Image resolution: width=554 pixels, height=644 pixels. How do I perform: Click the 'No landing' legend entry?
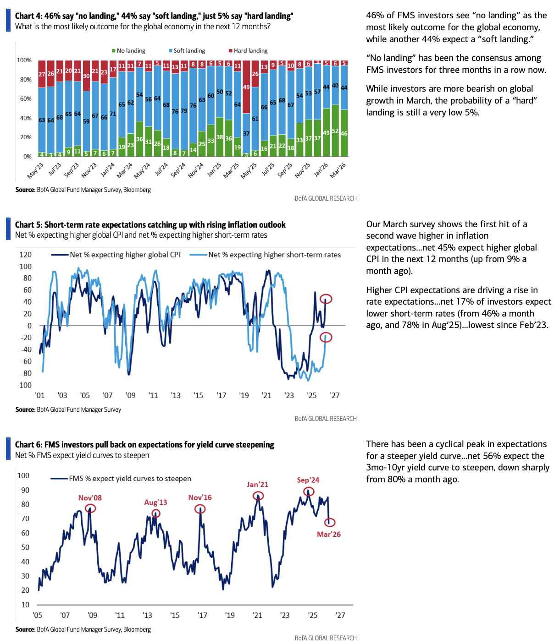pyautogui.click(x=129, y=51)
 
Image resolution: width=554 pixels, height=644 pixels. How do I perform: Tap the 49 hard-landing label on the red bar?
pyautogui.click(x=246, y=87)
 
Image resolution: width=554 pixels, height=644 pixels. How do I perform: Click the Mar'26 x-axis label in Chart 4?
pyautogui.click(x=338, y=170)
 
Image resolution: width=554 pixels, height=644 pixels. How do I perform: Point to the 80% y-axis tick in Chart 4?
pyautogui.click(x=24, y=80)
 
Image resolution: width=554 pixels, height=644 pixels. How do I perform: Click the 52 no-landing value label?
pyautogui.click(x=335, y=131)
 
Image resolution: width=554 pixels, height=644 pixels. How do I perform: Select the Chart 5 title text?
pyautogui.click(x=150, y=225)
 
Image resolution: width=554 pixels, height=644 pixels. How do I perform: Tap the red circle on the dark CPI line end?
pyautogui.click(x=326, y=299)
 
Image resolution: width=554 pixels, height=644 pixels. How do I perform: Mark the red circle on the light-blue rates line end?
pyautogui.click(x=326, y=337)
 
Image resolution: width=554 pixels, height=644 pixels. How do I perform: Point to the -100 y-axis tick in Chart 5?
pyautogui.click(x=24, y=385)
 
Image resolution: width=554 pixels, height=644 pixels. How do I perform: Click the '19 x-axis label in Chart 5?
pyautogui.click(x=244, y=395)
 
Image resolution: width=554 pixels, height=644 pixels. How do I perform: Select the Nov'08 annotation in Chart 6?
pyautogui.click(x=90, y=498)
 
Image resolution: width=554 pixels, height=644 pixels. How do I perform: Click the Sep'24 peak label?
pyautogui.click(x=308, y=480)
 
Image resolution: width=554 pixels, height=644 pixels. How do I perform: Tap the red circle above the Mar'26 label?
pyautogui.click(x=330, y=522)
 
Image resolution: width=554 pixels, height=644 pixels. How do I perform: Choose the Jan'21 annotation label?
pyautogui.click(x=257, y=485)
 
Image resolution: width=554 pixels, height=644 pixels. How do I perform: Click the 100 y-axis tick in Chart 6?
pyautogui.click(x=23, y=475)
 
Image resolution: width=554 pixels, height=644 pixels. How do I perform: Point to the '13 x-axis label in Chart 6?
pyautogui.click(x=147, y=615)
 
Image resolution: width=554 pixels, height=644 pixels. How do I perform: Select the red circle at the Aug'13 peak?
pyautogui.click(x=156, y=514)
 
